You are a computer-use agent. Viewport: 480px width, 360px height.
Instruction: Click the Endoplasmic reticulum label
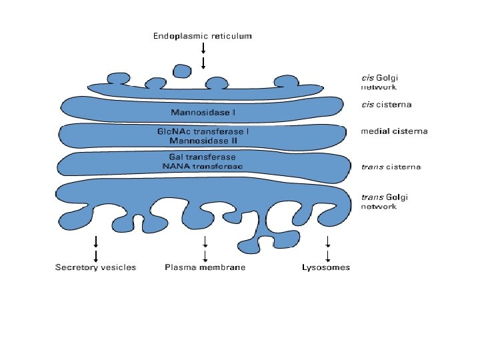(203, 36)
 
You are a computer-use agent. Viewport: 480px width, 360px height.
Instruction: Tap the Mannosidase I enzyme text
(203, 111)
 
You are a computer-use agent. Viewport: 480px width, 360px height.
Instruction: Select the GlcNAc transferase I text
(203, 132)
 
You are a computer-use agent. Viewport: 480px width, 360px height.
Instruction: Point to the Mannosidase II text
(203, 141)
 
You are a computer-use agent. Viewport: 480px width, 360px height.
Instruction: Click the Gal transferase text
(202, 157)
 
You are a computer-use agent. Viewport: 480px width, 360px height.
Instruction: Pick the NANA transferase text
(203, 166)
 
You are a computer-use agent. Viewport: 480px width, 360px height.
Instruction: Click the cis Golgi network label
(384, 82)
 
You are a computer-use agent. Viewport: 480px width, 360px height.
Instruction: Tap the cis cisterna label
(386, 105)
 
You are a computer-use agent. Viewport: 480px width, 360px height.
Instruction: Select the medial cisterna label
(394, 131)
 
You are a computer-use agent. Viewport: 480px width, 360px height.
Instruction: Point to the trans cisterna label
(391, 167)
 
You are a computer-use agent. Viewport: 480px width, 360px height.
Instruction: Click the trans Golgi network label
(384, 201)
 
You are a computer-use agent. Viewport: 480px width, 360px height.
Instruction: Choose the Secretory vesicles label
(95, 267)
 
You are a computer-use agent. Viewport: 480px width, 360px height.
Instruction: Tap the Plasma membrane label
(205, 267)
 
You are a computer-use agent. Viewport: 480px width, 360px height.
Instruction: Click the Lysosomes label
(326, 267)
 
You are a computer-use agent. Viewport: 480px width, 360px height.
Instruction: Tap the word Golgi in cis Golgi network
(387, 77)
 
